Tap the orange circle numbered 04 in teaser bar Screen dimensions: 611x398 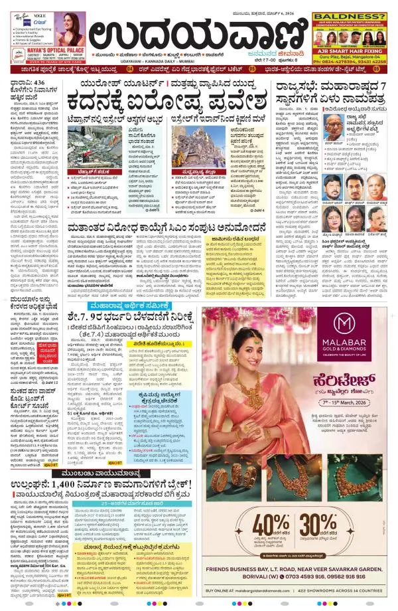[x=129, y=68]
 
